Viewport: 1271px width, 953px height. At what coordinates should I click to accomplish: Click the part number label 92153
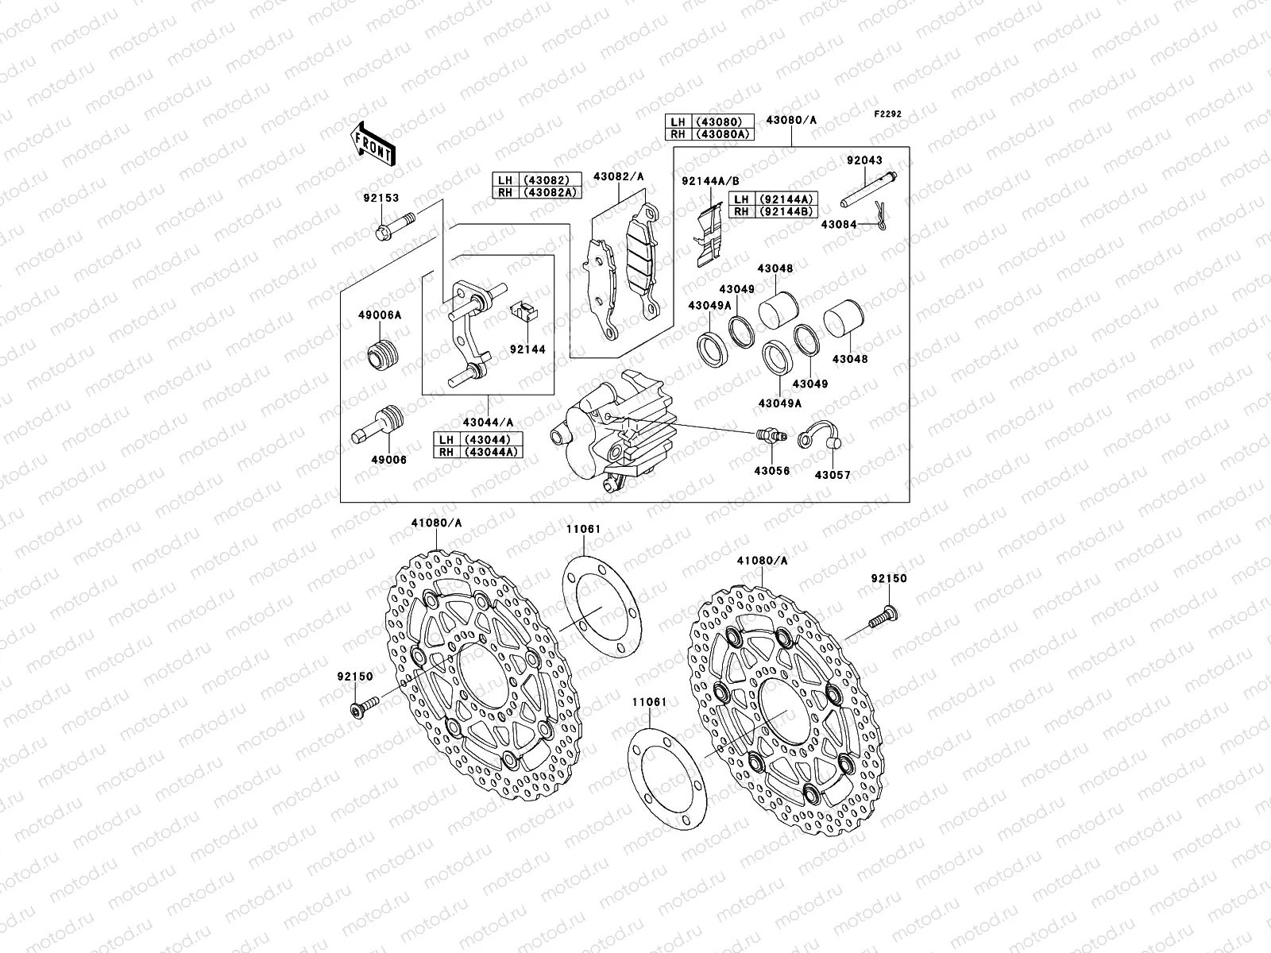click(x=383, y=199)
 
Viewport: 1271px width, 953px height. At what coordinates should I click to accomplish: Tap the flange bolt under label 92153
click(x=393, y=224)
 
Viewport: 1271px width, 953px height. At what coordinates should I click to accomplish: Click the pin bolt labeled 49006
click(x=378, y=426)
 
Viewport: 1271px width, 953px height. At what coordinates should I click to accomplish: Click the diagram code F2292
click(x=888, y=114)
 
